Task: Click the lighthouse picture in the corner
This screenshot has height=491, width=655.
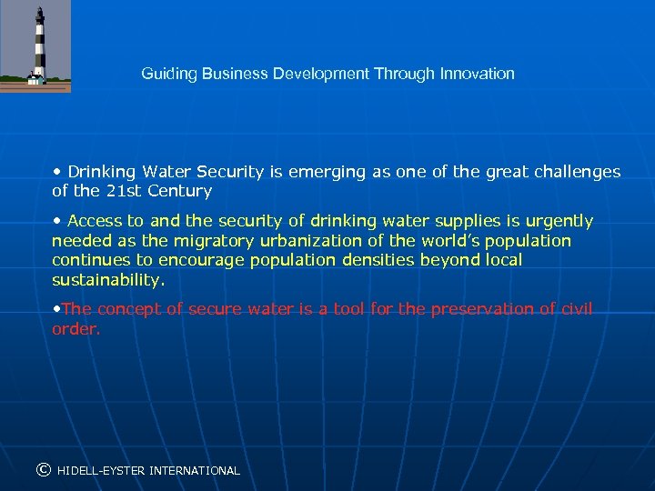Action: pos(35,45)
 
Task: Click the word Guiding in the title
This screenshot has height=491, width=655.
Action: pos(165,74)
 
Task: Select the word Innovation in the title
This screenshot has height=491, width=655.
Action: pos(479,74)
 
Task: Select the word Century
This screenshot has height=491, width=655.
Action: pos(183,191)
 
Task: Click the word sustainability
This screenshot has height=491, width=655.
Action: pos(108,279)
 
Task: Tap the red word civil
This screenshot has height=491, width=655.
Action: pos(576,309)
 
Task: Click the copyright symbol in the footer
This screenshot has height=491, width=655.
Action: pos(43,470)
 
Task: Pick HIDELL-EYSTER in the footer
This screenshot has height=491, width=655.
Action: pos(100,471)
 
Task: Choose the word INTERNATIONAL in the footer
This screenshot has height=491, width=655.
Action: pos(195,471)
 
